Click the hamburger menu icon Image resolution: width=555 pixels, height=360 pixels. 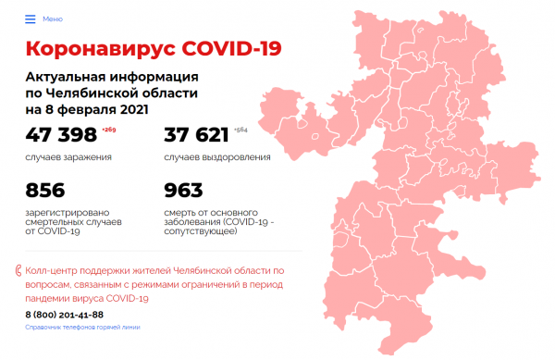(31, 19)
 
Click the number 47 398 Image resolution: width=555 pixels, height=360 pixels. (61, 135)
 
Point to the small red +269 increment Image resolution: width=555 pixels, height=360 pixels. (110, 130)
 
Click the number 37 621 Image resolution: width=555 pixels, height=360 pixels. (196, 135)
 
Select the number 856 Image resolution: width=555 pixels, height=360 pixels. (45, 190)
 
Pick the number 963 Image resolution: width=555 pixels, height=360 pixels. (183, 190)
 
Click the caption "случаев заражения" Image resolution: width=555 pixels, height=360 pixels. (69, 156)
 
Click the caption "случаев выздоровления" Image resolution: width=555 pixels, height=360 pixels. (216, 156)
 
